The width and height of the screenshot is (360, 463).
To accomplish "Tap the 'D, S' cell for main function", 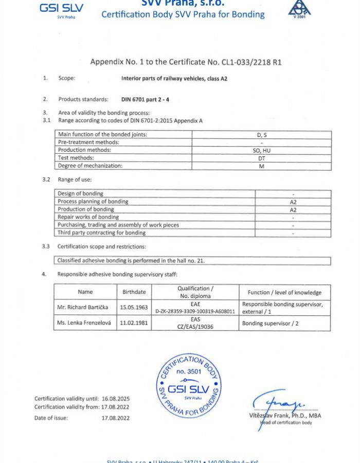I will point(262,135).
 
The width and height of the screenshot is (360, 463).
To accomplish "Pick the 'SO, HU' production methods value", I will point(262,150).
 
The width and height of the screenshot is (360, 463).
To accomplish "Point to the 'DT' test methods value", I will point(262,158).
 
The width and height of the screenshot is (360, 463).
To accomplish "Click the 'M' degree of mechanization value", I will point(262,166).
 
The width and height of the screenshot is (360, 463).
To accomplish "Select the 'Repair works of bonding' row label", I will point(88,217).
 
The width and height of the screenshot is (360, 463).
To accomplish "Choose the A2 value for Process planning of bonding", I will point(293,202).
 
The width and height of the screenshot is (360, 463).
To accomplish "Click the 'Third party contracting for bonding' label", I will point(101,233).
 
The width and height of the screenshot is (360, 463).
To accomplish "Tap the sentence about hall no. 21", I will point(131,261).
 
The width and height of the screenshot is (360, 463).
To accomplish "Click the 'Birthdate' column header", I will point(134,292).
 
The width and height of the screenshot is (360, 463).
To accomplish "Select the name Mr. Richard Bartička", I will point(83,308).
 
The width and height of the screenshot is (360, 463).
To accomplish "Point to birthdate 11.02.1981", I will point(134,323).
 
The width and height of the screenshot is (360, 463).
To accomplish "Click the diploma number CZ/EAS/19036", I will point(195,327).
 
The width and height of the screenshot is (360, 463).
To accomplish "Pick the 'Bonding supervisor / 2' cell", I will point(268,324).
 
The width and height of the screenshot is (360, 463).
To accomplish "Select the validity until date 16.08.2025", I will point(116,399).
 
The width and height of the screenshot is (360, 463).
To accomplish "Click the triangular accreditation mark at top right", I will point(299,8).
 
